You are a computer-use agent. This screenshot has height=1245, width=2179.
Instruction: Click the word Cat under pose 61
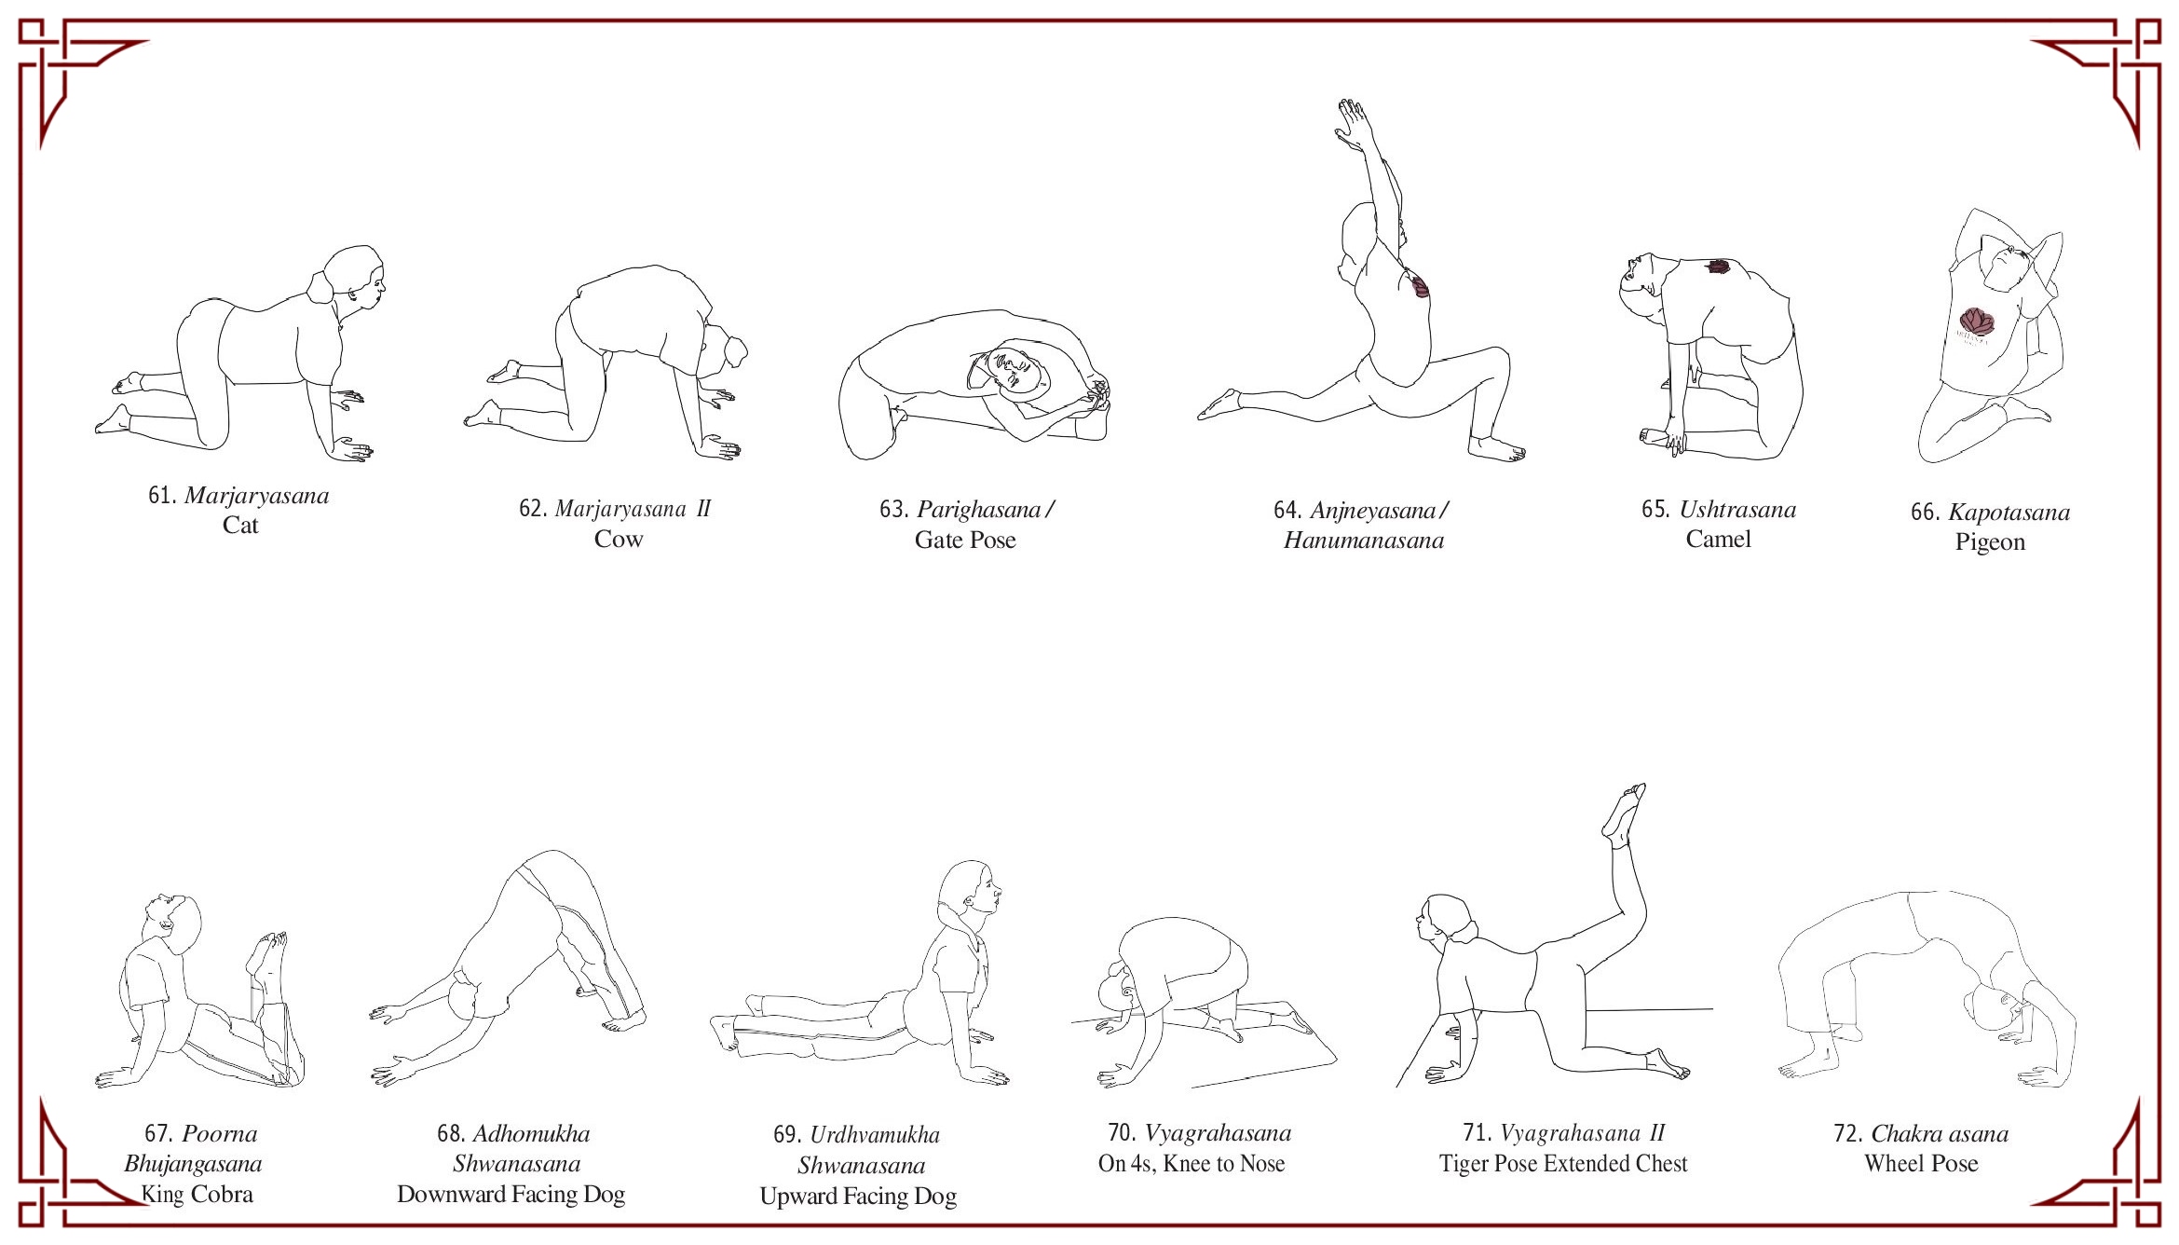tap(240, 526)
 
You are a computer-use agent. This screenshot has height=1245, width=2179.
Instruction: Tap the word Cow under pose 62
tap(619, 540)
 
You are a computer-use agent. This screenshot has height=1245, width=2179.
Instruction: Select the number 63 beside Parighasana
tap(892, 510)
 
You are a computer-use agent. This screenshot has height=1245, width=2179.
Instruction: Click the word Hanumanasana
tap(1364, 540)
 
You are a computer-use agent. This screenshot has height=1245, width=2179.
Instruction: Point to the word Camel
tap(1719, 540)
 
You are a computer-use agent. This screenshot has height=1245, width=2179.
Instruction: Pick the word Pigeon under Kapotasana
tap(1990, 542)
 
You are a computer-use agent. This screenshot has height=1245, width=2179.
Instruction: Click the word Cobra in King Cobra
tap(222, 1195)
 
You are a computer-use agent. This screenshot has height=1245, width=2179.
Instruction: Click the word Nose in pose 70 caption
tap(1261, 1164)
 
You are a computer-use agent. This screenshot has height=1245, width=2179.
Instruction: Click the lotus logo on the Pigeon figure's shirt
tap(1977, 322)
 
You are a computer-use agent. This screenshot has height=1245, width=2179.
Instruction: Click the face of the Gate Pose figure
tap(1014, 370)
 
